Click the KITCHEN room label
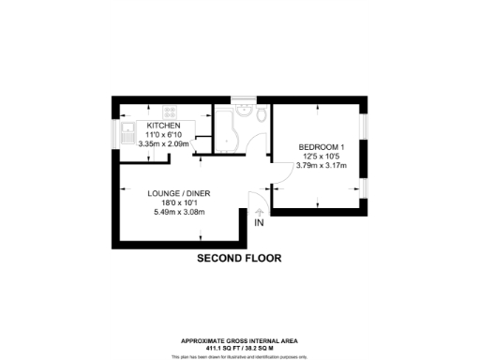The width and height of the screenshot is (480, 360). pyautogui.click(x=163, y=125)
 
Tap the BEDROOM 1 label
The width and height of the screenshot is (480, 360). pyautogui.click(x=322, y=146)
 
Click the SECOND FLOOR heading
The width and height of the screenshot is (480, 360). pyautogui.click(x=238, y=257)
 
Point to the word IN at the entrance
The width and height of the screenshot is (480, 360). pyautogui.click(x=259, y=223)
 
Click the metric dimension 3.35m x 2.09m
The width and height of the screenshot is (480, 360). pyautogui.click(x=164, y=143)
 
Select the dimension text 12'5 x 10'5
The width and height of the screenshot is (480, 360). pyautogui.click(x=322, y=156)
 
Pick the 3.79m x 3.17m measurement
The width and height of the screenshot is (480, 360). pyautogui.click(x=322, y=165)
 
